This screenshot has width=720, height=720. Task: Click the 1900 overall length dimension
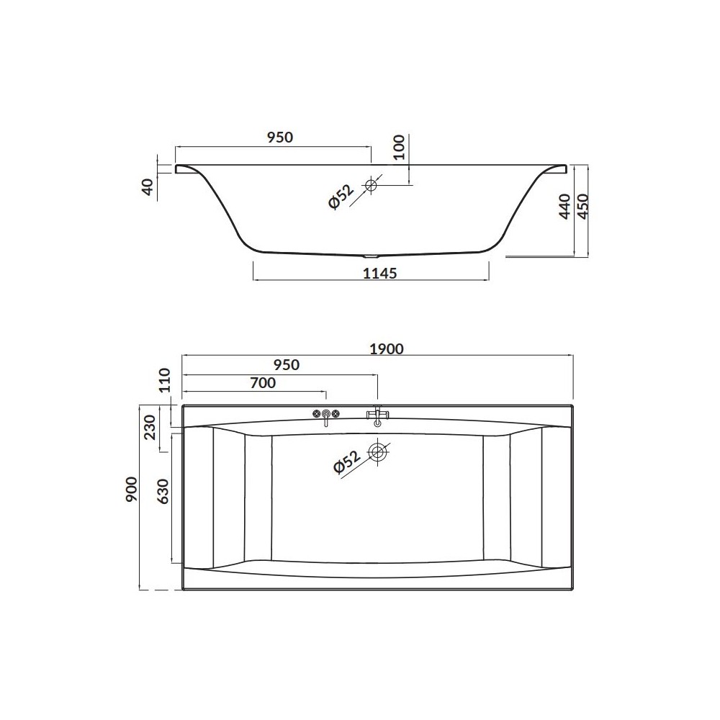click(x=387, y=349)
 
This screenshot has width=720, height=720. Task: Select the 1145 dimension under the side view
click(x=379, y=273)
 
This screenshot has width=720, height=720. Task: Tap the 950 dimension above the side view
click(x=279, y=138)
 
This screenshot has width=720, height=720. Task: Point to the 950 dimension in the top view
click(x=286, y=365)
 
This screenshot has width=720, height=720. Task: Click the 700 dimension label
click(x=263, y=382)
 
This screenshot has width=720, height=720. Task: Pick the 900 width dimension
click(x=132, y=489)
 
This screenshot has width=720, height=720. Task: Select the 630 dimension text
click(x=163, y=491)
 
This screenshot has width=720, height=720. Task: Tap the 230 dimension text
click(x=150, y=426)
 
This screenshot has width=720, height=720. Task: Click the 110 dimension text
click(x=164, y=379)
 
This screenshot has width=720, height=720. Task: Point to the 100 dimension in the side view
click(x=399, y=146)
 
